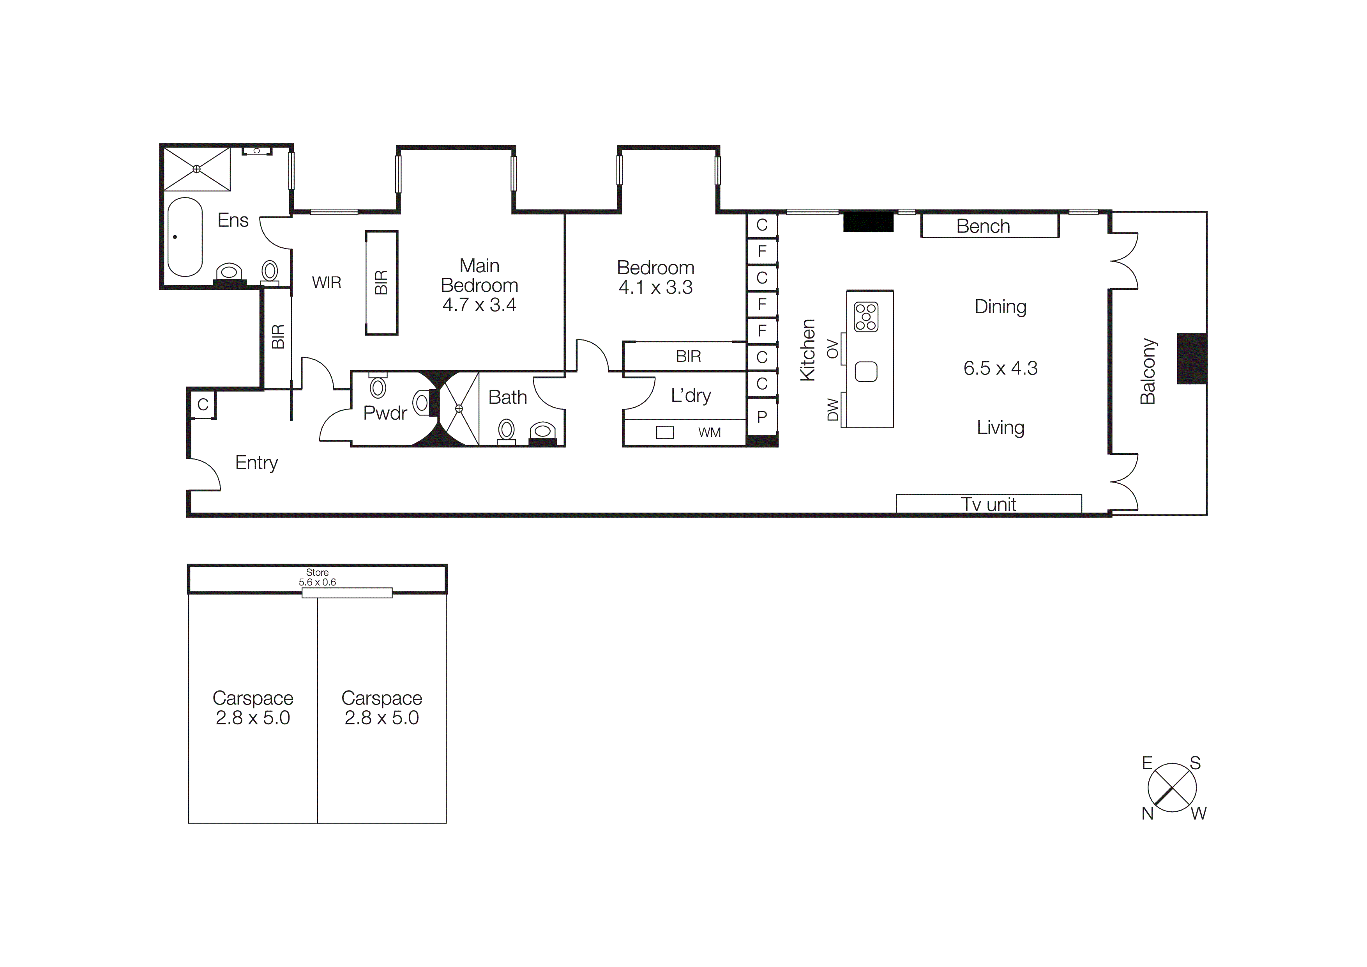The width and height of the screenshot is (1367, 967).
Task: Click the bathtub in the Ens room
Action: click(x=185, y=237)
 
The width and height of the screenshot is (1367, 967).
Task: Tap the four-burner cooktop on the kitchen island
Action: click(x=866, y=316)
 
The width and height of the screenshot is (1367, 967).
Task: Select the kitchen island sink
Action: click(x=866, y=372)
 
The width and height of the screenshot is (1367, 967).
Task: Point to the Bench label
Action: click(x=983, y=226)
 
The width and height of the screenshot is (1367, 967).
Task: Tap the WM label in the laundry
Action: click(x=709, y=433)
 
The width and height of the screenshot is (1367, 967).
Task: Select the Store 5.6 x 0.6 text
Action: click(x=317, y=577)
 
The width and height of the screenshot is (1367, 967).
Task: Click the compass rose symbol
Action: click(x=1172, y=788)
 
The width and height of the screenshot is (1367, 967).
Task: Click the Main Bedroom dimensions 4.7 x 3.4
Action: click(x=479, y=305)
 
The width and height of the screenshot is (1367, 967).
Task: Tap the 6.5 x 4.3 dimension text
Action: click(x=1000, y=368)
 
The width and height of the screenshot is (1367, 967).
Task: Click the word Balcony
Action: click(x=1148, y=371)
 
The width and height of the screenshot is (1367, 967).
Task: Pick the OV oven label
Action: click(x=832, y=349)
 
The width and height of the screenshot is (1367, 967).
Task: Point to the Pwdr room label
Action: click(x=385, y=413)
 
